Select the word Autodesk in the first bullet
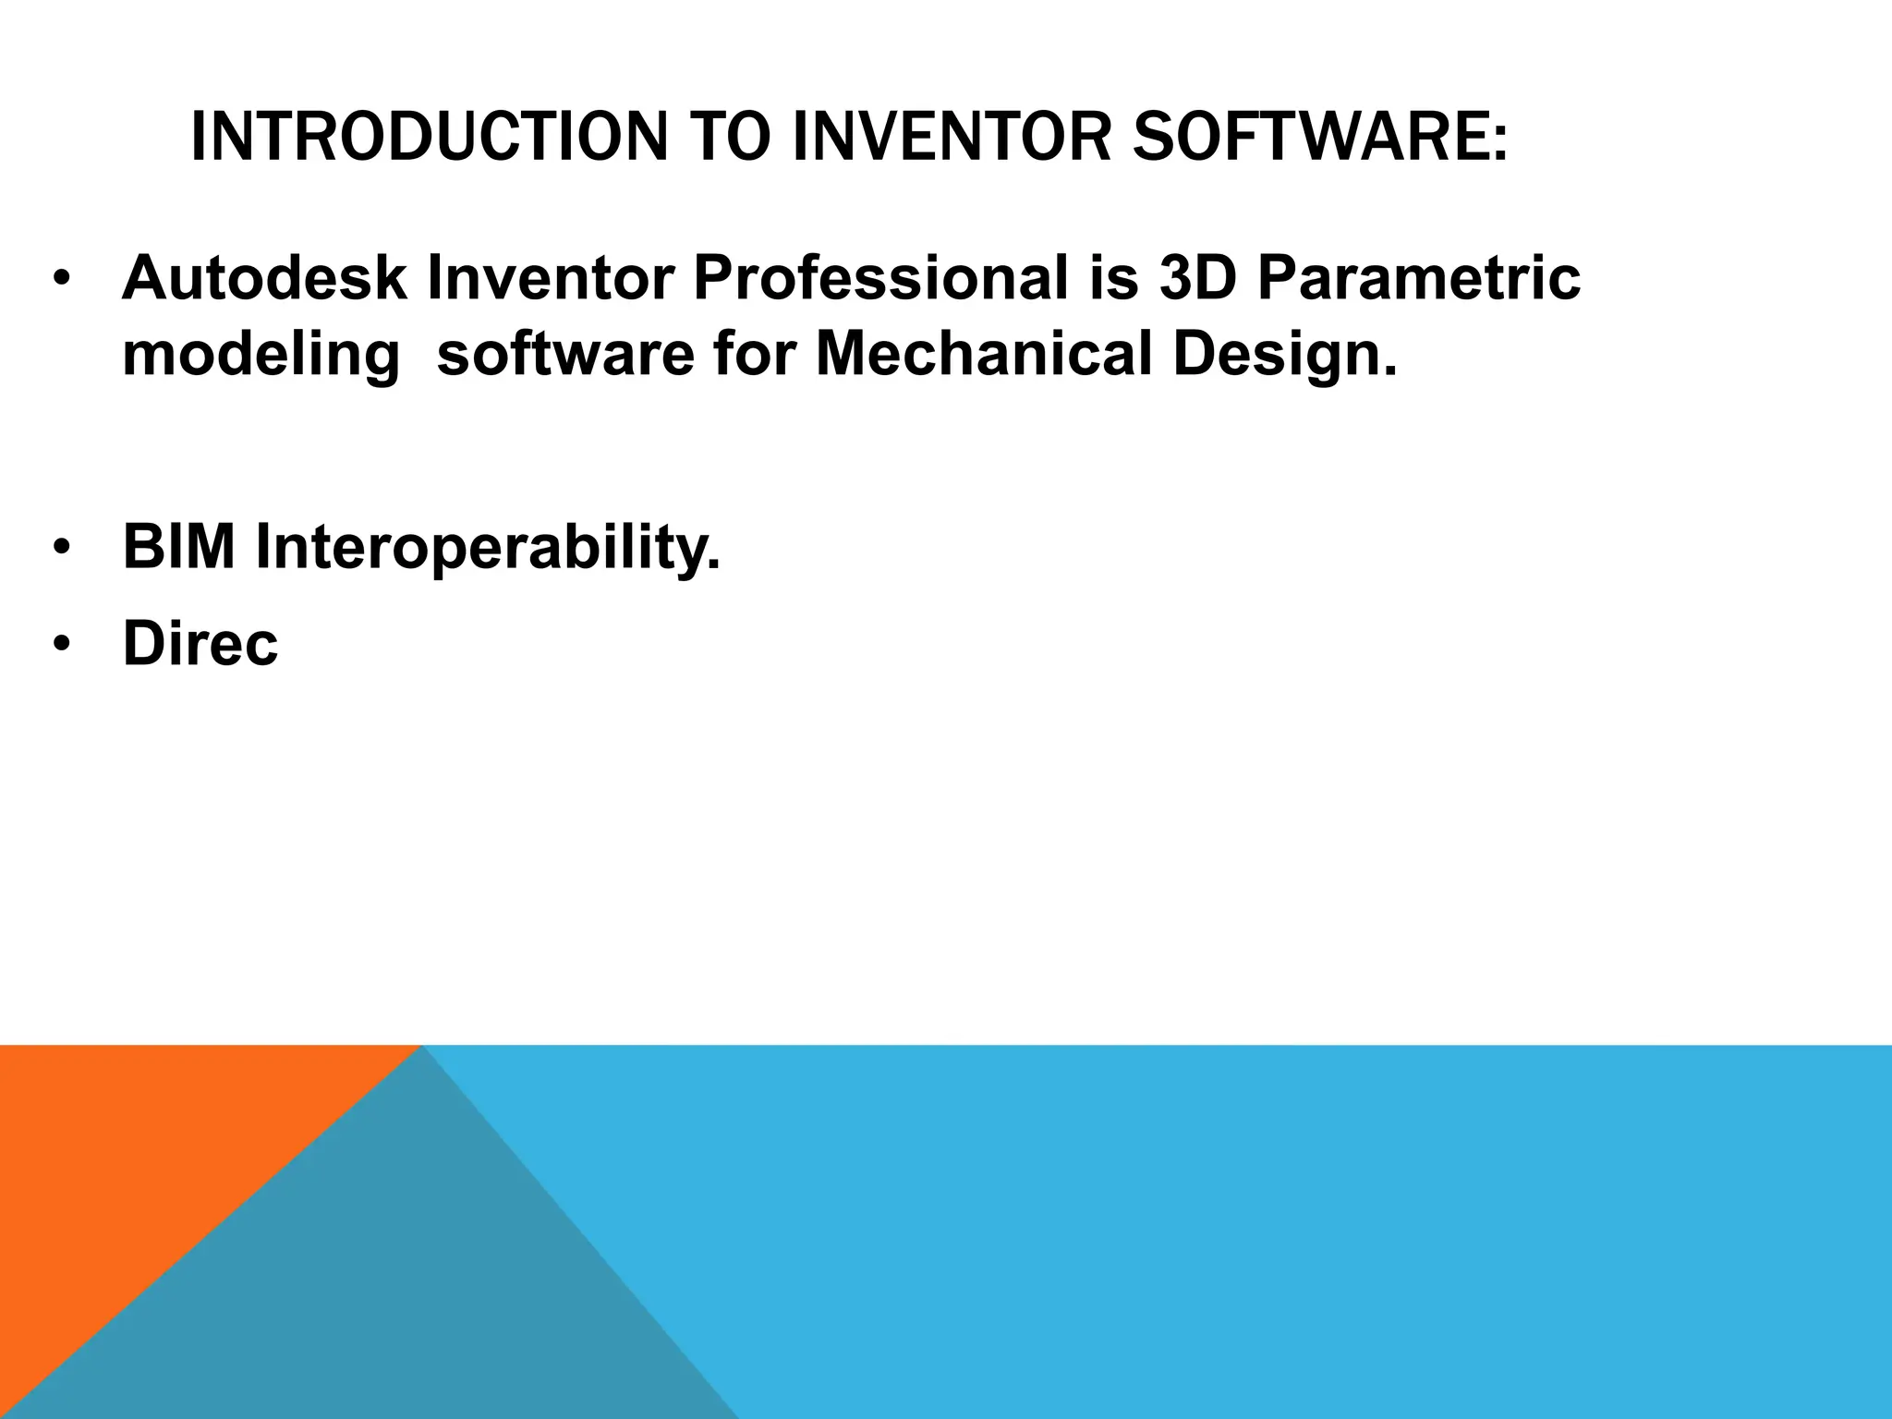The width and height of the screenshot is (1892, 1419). click(264, 278)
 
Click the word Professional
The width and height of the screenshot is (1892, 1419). click(880, 278)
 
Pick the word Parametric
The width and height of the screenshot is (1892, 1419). click(1418, 278)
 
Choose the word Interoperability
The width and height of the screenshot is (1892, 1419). click(487, 548)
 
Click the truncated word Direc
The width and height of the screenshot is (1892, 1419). click(200, 643)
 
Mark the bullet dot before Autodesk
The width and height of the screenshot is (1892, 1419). click(61, 280)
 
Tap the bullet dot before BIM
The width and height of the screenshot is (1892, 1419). click(61, 548)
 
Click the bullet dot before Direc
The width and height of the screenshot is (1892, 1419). click(61, 644)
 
